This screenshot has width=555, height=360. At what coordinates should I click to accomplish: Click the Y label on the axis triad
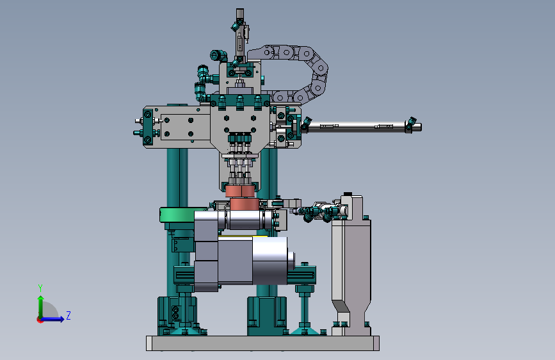click(40, 288)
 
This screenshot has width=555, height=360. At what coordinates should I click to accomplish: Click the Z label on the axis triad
click(68, 315)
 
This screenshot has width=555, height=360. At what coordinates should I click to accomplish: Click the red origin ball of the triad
click(40, 320)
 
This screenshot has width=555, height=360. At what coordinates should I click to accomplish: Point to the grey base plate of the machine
click(262, 343)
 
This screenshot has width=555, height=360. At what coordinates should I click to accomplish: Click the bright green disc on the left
click(177, 215)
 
